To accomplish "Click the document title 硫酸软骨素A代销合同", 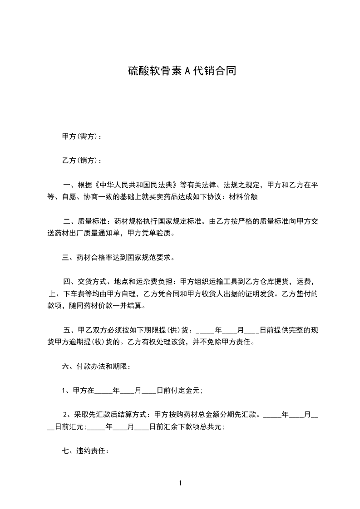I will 181,71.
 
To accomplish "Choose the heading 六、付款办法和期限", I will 96,366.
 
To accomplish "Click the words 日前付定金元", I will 179,390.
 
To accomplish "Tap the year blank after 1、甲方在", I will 103,390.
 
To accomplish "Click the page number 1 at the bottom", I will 180,483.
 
